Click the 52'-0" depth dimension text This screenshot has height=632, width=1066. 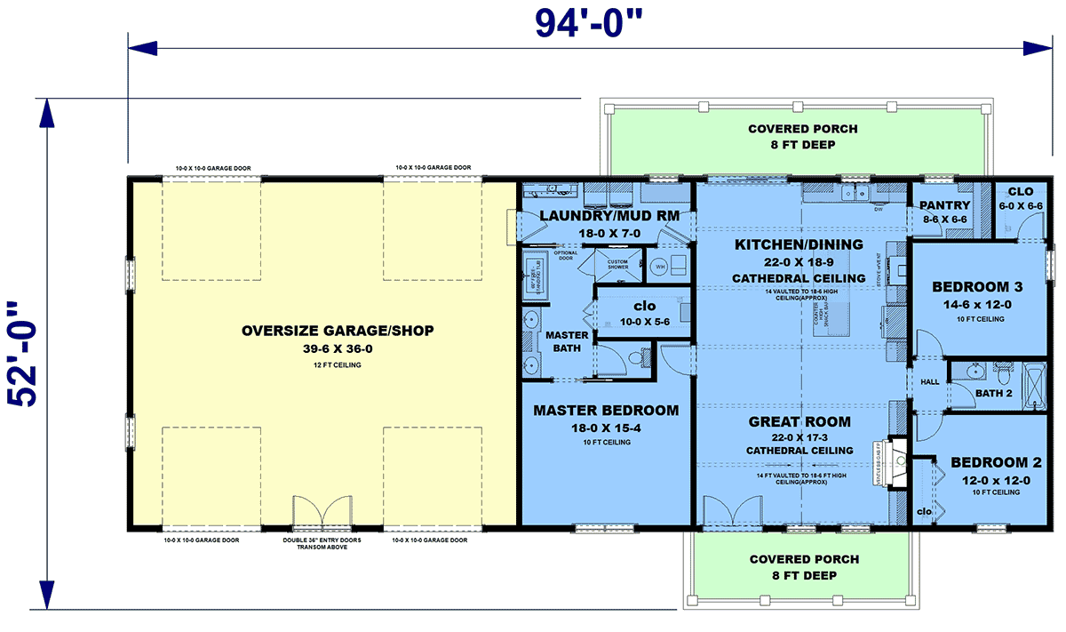(27, 354)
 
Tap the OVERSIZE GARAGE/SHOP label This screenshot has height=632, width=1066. (338, 332)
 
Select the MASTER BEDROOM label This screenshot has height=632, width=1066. (606, 411)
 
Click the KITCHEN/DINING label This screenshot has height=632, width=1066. (799, 244)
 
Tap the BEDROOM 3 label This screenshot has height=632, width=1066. (977, 287)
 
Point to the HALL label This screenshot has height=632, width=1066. (930, 381)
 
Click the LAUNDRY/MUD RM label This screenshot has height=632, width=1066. (604, 215)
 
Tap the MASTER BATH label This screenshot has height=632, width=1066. (567, 341)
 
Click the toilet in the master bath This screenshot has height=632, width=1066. (636, 359)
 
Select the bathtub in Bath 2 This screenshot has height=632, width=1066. (1035, 384)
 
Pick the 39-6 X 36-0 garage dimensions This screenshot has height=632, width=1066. (338, 349)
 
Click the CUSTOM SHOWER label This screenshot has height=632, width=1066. (618, 265)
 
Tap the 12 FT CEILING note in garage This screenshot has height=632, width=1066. (338, 365)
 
